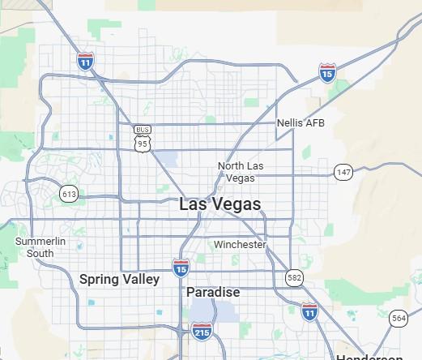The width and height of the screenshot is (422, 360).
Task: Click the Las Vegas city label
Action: pos(220,204)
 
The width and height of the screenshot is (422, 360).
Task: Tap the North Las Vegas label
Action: pos(241,172)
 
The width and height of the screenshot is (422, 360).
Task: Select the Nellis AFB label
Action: pos(301,123)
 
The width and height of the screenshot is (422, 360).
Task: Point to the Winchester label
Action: pos(240,244)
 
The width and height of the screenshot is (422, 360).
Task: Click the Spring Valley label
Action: pos(119,279)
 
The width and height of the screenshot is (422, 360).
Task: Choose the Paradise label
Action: pos(213,292)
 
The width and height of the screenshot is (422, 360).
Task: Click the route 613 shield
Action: pos(69,194)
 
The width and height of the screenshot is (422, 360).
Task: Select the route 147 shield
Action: pos(343,172)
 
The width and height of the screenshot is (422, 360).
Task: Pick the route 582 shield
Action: pos(294,278)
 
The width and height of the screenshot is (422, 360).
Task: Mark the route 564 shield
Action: pos(398,319)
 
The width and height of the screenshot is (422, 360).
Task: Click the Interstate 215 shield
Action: pos(202,330)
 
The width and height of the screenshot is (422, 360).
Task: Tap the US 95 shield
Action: pos(143,144)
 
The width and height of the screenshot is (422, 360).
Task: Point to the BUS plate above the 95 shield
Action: pos(143,130)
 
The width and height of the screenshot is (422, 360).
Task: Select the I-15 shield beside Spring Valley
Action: pos(181,268)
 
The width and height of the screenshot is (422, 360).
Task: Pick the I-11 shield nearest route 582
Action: pos(309,311)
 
